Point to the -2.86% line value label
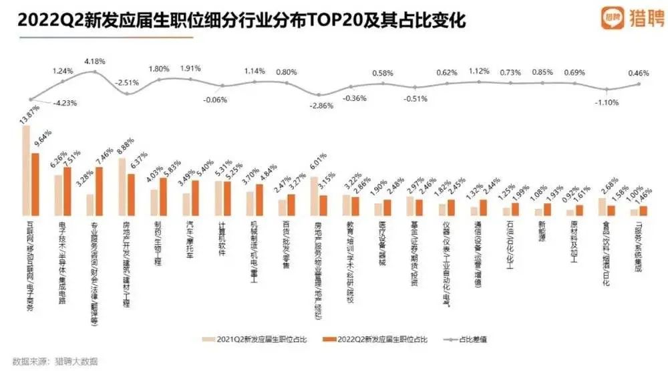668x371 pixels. point(320,106)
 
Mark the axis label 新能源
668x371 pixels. point(541,231)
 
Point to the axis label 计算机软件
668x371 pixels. point(220,233)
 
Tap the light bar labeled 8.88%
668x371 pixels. point(123,187)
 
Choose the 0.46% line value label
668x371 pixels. point(640,72)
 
